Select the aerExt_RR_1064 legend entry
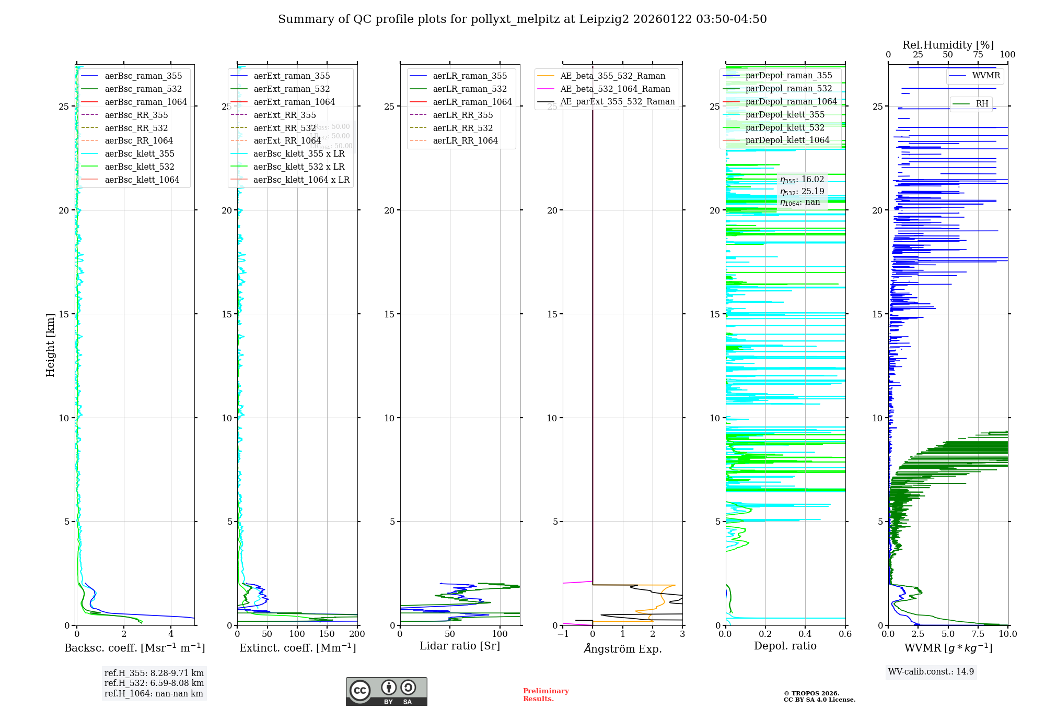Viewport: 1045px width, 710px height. point(287,141)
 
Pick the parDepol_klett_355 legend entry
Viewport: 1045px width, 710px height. point(785,115)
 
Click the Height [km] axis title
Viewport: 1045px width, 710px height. point(50,345)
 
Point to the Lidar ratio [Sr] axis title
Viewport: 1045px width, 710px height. point(460,646)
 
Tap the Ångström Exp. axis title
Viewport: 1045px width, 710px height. point(623,649)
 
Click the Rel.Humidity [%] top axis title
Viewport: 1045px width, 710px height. point(948,45)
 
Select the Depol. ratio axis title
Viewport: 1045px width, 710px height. point(785,646)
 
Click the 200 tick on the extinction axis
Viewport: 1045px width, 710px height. point(357,634)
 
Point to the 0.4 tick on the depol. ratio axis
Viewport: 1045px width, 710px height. point(805,634)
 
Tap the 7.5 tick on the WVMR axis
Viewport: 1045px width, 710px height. point(978,634)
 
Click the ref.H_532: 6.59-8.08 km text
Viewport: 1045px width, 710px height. point(154,683)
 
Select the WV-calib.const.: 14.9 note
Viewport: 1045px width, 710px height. point(931,672)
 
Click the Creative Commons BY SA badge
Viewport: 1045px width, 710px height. point(386,692)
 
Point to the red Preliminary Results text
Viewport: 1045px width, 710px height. point(545,695)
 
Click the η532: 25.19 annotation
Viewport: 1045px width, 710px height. point(802,192)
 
